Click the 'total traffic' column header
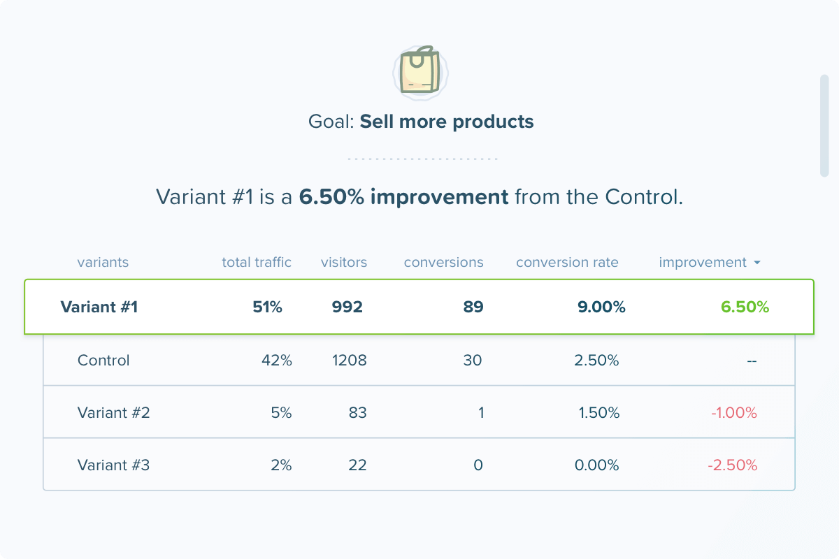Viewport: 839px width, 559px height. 257,263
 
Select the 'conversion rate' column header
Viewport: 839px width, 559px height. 567,263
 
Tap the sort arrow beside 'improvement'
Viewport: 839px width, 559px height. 757,263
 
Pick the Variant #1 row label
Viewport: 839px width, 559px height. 99,307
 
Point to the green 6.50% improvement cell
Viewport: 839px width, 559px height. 745,307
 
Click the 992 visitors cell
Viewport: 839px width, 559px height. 347,307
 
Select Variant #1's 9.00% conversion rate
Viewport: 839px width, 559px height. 601,307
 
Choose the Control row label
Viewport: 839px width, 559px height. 103,361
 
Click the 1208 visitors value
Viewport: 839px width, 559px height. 349,361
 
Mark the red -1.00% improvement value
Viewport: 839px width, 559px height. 734,413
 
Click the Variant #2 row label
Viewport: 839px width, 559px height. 113,413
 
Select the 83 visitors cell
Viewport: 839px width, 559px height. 357,413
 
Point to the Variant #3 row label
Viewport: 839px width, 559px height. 113,465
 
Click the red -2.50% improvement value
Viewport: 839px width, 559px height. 733,465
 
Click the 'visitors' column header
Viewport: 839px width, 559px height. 344,263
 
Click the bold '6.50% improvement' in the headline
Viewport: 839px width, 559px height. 403,197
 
